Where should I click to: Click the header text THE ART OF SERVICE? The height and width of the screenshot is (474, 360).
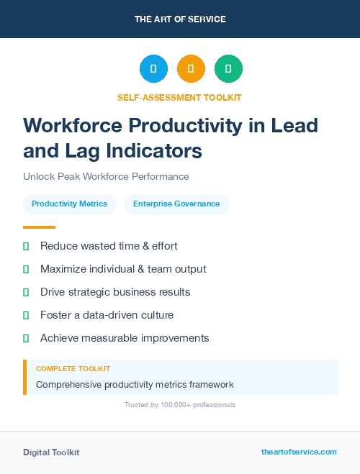tap(180, 19)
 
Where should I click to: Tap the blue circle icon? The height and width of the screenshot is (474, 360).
tap(153, 69)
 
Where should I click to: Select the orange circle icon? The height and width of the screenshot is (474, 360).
tap(191, 69)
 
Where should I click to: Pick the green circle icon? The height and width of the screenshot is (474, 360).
tap(228, 69)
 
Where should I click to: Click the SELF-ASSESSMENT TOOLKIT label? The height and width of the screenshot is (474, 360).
tap(180, 97)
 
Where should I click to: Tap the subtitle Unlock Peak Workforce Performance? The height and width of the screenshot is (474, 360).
tap(106, 176)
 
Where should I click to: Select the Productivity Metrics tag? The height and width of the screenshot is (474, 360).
tap(69, 204)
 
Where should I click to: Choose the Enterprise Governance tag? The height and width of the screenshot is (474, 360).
tap(176, 204)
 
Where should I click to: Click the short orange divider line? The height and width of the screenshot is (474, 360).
tap(39, 227)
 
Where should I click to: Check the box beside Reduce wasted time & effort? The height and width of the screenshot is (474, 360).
tap(26, 246)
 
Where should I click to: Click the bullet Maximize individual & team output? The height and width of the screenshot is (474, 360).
tap(123, 269)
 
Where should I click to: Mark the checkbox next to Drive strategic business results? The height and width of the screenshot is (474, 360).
tap(26, 292)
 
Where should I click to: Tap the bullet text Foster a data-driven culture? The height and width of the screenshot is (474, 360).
tap(107, 315)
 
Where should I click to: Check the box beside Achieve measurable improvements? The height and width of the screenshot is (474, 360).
tap(26, 338)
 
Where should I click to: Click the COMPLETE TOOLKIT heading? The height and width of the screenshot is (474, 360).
tap(73, 368)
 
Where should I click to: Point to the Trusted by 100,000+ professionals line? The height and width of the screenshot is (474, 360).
tap(180, 405)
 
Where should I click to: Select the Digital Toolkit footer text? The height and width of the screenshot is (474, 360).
tap(51, 452)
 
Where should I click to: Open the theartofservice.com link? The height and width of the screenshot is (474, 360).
tap(299, 452)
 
